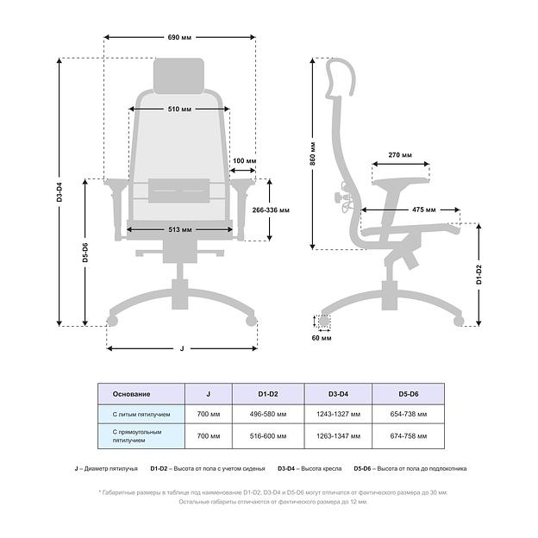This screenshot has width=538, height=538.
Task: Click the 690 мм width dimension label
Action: [x=179, y=37]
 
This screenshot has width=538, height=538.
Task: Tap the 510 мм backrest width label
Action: [x=179, y=109]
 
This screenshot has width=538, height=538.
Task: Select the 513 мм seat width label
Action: [x=180, y=229]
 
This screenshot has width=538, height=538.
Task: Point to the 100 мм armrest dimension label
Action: [x=244, y=160]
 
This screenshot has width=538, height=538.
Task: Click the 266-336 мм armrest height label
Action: [x=271, y=210]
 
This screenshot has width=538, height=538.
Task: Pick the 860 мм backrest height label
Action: [x=313, y=153]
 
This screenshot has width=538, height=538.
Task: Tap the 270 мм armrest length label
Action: [x=400, y=155]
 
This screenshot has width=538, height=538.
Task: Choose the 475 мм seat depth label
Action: [x=423, y=210]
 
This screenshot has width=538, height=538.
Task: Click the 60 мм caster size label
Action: [x=322, y=338]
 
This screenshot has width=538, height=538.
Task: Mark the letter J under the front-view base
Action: [x=182, y=348]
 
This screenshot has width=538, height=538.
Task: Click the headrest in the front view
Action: [x=178, y=76]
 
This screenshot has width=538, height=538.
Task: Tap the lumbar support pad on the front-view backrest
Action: [x=178, y=191]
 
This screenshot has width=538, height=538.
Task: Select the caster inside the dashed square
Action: [x=323, y=321]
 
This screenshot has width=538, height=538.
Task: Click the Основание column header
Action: [x=131, y=394]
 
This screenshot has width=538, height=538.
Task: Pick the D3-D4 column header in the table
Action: [x=338, y=394]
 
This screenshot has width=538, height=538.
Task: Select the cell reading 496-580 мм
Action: [x=268, y=414]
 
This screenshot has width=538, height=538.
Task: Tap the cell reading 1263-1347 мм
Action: [x=338, y=436]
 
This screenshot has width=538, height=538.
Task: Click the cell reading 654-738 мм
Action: [x=409, y=414]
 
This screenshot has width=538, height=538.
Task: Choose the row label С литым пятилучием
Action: [x=141, y=415]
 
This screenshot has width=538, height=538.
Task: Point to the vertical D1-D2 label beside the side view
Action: [x=479, y=274]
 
